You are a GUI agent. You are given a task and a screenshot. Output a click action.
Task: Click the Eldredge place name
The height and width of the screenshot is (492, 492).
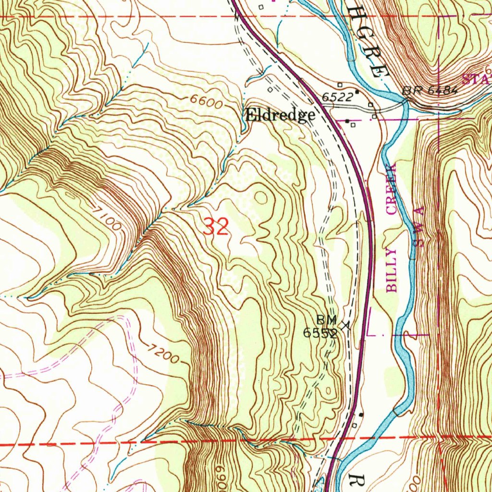click(x=280, y=115)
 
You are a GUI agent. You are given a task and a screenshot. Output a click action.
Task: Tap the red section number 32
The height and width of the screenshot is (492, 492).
click(x=215, y=226)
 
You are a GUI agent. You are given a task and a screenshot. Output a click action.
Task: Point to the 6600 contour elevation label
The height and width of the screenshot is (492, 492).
click(x=206, y=102)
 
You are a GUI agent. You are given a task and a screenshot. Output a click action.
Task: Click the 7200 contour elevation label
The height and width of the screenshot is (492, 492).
click(x=163, y=354)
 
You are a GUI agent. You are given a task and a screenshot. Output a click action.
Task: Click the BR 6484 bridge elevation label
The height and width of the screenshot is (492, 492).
click(x=430, y=90)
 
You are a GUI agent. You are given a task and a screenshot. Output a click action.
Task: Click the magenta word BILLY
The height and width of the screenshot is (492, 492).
click(x=392, y=270)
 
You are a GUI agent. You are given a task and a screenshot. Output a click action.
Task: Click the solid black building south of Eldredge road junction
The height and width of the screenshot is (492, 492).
click(x=347, y=121)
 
